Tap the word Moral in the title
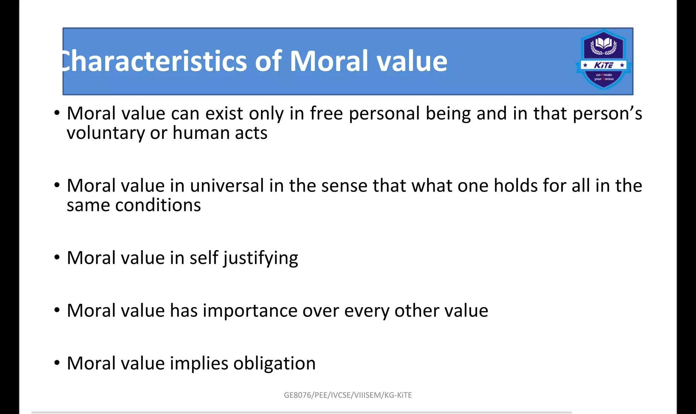pyautogui.click(x=329, y=61)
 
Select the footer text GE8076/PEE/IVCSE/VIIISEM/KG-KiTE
pyautogui.click(x=348, y=395)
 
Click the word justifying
pyautogui.click(x=261, y=258)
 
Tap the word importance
pyautogui.click(x=250, y=310)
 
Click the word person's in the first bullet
pyautogui.click(x=607, y=114)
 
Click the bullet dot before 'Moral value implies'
pyautogui.click(x=57, y=363)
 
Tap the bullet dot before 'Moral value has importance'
pyautogui.click(x=57, y=310)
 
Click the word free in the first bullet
pyautogui.click(x=326, y=113)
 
